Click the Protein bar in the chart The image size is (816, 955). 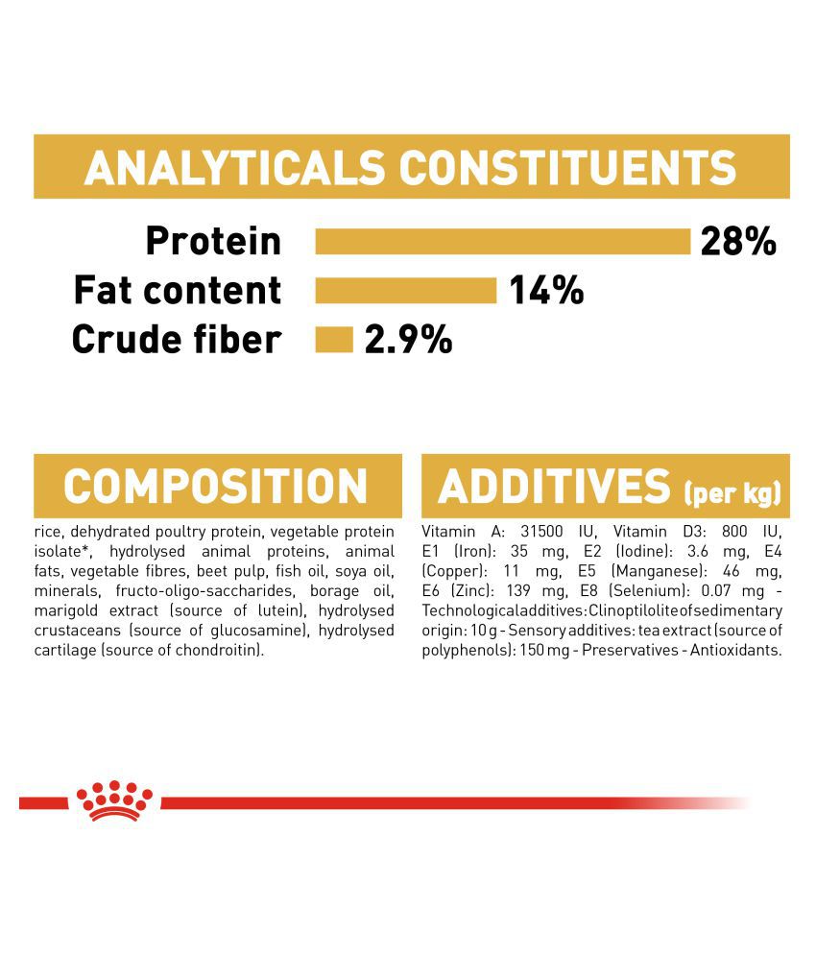[503, 241]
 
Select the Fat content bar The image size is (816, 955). [406, 290]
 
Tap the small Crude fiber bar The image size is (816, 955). [334, 339]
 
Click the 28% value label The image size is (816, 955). [738, 241]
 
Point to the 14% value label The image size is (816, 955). [546, 290]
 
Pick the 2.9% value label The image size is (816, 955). [408, 339]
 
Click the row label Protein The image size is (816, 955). [213, 241]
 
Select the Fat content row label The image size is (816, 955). [178, 290]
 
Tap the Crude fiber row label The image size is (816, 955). [177, 339]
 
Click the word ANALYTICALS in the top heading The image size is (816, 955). [234, 168]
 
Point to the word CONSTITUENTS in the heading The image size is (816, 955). [568, 168]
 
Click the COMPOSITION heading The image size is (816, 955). [216, 486]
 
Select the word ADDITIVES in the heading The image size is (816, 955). [554, 486]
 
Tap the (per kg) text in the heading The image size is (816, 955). [732, 492]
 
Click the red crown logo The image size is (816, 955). [114, 800]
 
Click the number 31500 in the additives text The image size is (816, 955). [541, 532]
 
